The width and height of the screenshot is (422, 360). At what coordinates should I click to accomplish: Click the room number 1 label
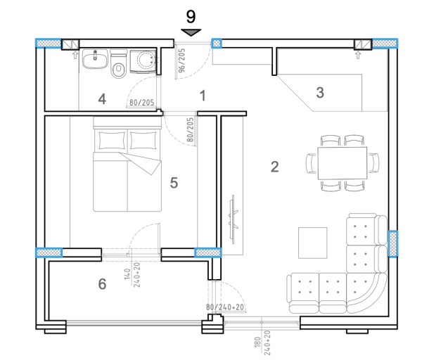[x=203, y=96]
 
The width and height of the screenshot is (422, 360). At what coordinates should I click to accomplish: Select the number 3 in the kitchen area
[x=320, y=93]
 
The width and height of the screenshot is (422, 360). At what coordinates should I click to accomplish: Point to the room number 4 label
[x=102, y=99]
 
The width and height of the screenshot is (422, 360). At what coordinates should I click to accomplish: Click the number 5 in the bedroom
[x=174, y=182]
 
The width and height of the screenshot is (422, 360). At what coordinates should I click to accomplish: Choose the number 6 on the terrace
[x=102, y=283]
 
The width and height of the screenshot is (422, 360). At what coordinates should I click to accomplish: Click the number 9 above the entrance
[x=191, y=15]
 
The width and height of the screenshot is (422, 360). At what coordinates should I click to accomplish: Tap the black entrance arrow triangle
[x=191, y=32]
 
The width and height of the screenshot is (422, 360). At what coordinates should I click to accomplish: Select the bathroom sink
[x=92, y=60]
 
